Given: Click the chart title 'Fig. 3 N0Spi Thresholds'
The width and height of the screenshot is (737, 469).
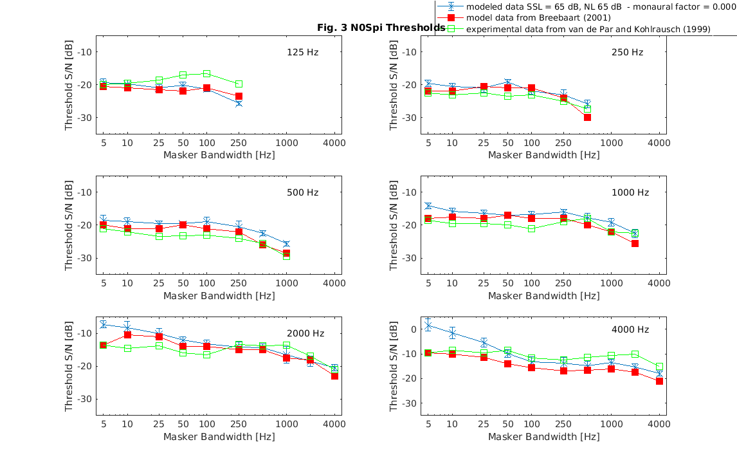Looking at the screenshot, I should pyautogui.click(x=381, y=28).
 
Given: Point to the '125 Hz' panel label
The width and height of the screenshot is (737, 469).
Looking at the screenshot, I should pyautogui.click(x=302, y=52).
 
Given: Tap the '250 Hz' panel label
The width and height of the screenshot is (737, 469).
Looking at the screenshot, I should pyautogui.click(x=627, y=52).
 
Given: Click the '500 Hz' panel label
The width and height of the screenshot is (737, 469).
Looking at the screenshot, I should pyautogui.click(x=302, y=192).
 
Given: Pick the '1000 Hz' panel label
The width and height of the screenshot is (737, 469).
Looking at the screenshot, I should pyautogui.click(x=630, y=192).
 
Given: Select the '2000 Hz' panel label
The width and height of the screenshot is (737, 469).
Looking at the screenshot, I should pyautogui.click(x=305, y=333).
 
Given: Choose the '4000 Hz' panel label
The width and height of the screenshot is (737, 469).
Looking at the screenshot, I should pyautogui.click(x=630, y=329).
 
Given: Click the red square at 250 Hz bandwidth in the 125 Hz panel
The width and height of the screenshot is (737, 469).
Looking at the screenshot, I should pyautogui.click(x=239, y=97).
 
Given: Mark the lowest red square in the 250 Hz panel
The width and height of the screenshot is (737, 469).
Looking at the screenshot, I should pyautogui.click(x=587, y=117).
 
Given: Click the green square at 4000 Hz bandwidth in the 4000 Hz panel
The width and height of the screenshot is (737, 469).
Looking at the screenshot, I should pyautogui.click(x=659, y=367).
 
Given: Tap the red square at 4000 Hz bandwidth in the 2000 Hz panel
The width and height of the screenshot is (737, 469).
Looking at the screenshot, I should pyautogui.click(x=334, y=376).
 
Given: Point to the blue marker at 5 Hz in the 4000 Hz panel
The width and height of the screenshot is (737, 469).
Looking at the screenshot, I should pyautogui.click(x=428, y=326).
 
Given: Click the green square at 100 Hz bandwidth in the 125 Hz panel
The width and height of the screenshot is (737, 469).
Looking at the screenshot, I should pyautogui.click(x=206, y=74).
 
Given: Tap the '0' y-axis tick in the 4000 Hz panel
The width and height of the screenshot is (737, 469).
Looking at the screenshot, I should pyautogui.click(x=414, y=329).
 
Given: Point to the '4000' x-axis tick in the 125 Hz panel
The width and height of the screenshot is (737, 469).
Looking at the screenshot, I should pyautogui.click(x=334, y=142).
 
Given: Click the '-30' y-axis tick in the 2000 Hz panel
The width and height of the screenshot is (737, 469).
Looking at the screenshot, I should pyautogui.click(x=87, y=400).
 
